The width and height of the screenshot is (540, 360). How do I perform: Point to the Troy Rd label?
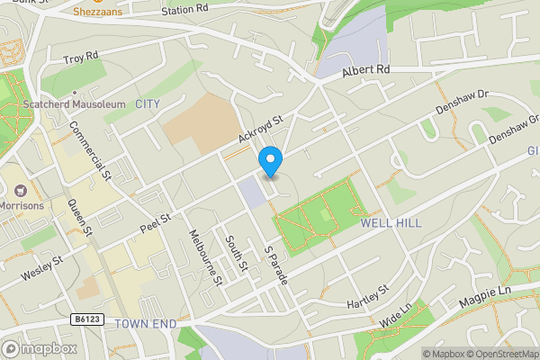[x=81, y=60]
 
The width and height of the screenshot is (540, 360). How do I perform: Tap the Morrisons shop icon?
[x=19, y=191]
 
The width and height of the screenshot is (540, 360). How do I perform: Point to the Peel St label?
[x=156, y=221]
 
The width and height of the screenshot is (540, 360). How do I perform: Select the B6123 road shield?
[x=84, y=319]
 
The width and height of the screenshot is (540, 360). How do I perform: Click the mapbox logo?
[x=40, y=348]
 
